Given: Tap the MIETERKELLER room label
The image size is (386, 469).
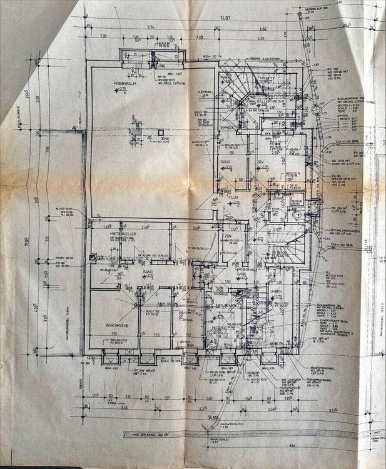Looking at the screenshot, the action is coord(123,234).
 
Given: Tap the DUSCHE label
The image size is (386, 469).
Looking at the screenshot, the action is coord(298,201).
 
